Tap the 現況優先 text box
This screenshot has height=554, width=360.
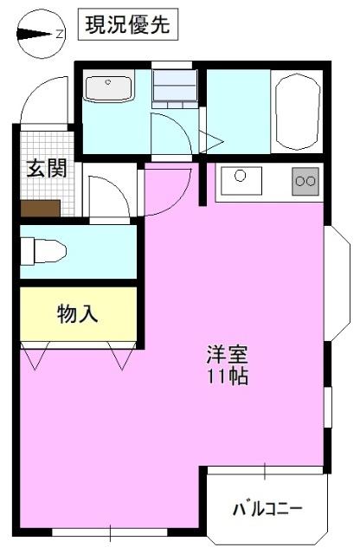pyautogui.click(x=129, y=25)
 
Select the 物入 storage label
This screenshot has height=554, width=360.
pyautogui.click(x=78, y=313)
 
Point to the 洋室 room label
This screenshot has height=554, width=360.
pyautogui.click(x=228, y=355)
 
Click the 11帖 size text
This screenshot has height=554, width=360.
pyautogui.click(x=228, y=377)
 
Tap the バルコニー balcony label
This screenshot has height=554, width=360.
pyautogui.click(x=267, y=507)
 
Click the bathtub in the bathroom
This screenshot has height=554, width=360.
pyautogui.click(x=297, y=110)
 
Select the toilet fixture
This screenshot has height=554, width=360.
pyautogui.click(x=43, y=251)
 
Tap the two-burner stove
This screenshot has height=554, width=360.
pyautogui.click(x=305, y=181)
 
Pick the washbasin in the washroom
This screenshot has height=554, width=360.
pyautogui.click(x=109, y=88)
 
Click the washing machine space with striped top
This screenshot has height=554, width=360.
pyautogui.click(x=175, y=87)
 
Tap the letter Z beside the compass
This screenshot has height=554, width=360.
pyautogui.click(x=59, y=35)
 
